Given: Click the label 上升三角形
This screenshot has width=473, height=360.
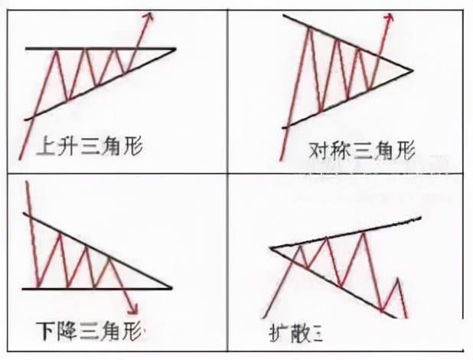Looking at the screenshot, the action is click(x=89, y=146).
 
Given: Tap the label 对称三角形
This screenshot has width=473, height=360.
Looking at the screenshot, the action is click(x=360, y=147).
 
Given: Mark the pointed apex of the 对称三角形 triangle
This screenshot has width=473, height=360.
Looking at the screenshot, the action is click(x=412, y=71).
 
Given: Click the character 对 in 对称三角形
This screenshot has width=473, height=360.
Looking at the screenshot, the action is click(x=318, y=147).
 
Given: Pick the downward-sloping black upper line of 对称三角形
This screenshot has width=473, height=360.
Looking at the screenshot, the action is click(x=344, y=43).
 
